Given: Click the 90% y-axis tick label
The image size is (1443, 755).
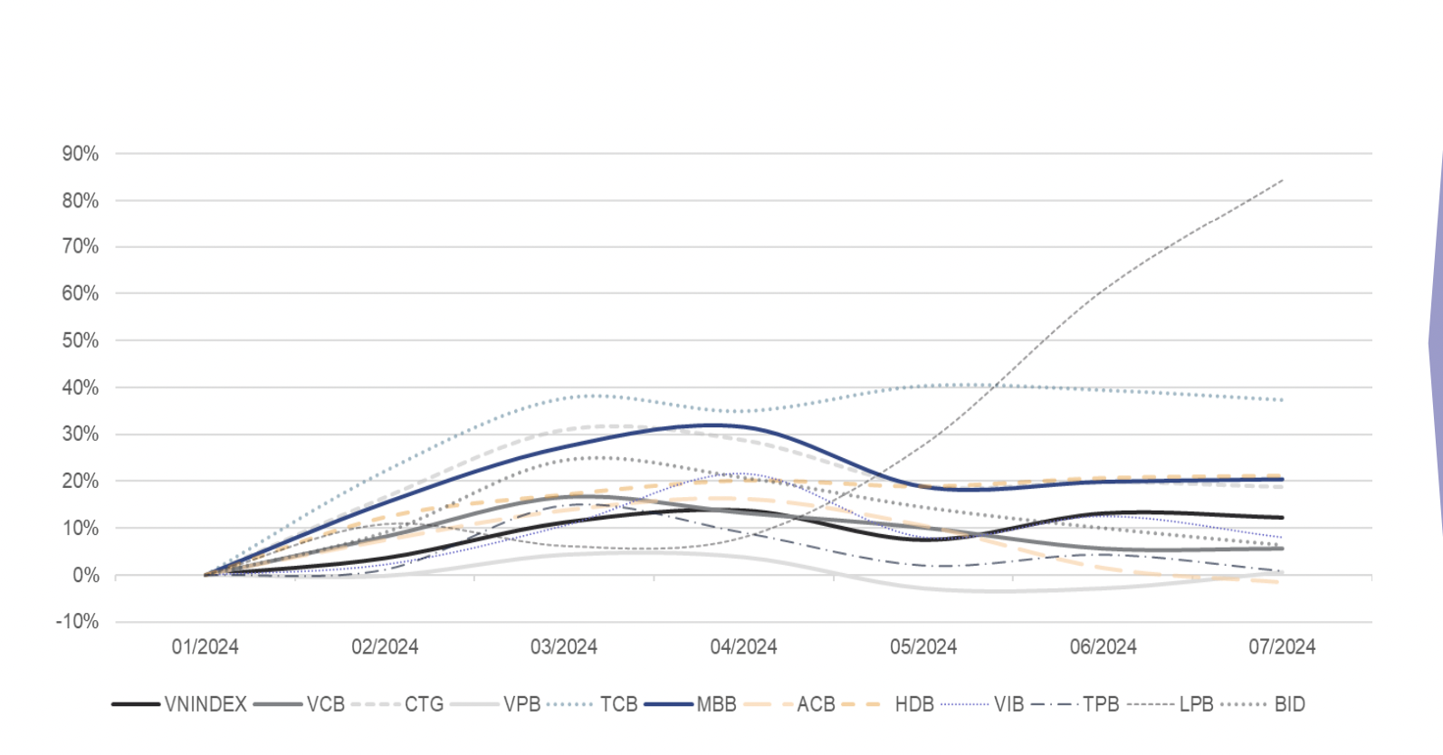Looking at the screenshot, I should point(81,154).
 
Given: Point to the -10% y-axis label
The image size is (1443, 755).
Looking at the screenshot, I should point(78,622).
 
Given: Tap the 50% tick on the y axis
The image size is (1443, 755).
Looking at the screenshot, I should point(81,340).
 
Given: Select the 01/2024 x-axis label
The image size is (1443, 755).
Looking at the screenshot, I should point(205,647).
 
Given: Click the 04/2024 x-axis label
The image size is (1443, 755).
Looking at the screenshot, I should point(743,647).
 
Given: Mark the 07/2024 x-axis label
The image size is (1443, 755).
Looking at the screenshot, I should point(1282,647).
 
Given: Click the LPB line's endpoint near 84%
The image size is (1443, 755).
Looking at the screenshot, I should point(1282,181).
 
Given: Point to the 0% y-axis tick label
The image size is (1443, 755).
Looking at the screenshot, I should point(85,576).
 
